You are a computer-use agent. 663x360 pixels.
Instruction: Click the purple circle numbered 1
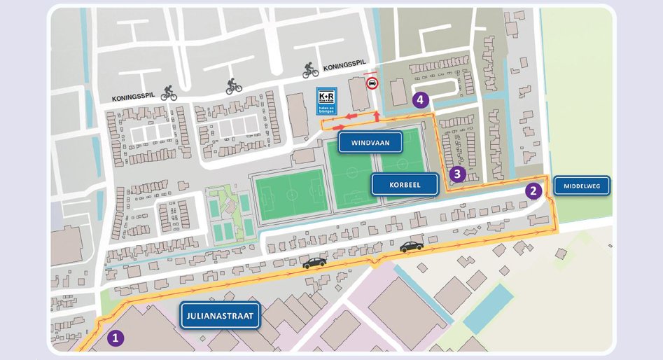tap(116, 338)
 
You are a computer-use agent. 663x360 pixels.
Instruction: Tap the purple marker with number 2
tap(533, 190)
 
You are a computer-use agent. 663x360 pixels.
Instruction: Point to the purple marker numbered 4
tap(420, 100)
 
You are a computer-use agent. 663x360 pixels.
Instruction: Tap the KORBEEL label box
tap(405, 184)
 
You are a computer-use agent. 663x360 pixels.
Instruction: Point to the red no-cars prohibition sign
tap(372, 83)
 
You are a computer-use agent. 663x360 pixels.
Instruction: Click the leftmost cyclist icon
tap(169, 92)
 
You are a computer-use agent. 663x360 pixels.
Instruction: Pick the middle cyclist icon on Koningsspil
tap(234, 86)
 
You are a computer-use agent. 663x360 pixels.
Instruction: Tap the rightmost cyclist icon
tap(310, 70)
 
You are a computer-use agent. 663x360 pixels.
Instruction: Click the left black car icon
tap(314, 262)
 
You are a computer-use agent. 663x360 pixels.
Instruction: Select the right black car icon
tap(412, 246)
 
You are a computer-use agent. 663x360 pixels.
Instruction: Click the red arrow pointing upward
tap(377, 114)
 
